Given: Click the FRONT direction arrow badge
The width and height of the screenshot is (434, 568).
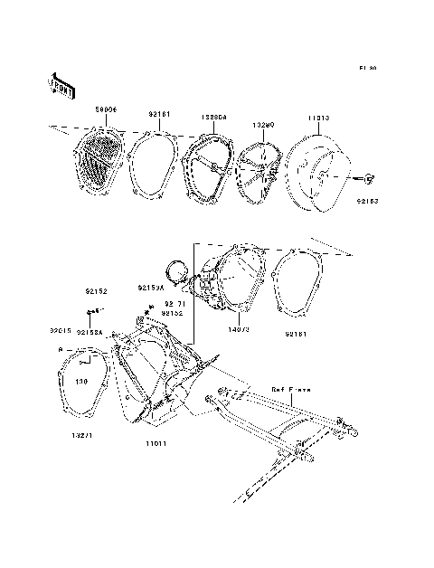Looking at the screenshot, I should click(61, 85).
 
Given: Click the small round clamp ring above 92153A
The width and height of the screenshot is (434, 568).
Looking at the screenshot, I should click(176, 269).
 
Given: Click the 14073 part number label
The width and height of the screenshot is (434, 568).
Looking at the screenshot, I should click(239, 332).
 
